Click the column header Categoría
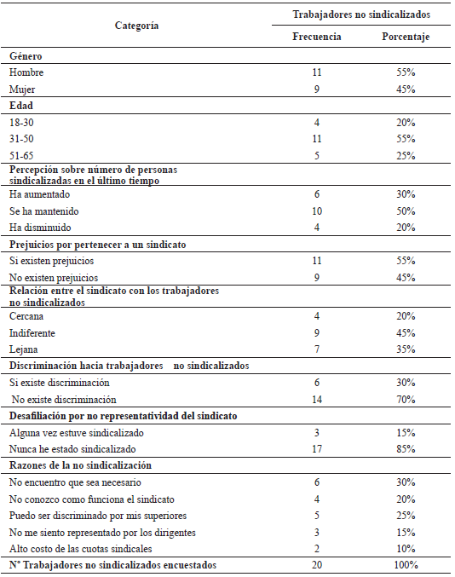pyautogui.click(x=136, y=26)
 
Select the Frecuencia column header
pyautogui.click(x=317, y=38)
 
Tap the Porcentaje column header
pyautogui.click(x=405, y=38)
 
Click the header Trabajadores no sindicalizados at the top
pyautogui.click(x=361, y=14)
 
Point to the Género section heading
pyautogui.click(x=26, y=56)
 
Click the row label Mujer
pyautogui.click(x=22, y=88)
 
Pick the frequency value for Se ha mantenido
pyautogui.click(x=317, y=210)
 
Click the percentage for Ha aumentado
pyautogui.click(x=405, y=193)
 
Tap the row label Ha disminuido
pyautogui.click(x=39, y=226)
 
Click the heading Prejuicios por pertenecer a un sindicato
pyautogui.click(x=98, y=245)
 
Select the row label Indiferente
pyautogui.click(x=33, y=332)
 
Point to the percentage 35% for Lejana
pyautogui.click(x=405, y=348)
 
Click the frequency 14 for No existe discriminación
pyautogui.click(x=317, y=399)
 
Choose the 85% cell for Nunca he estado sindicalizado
pyautogui.click(x=405, y=449)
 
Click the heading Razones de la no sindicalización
pyautogui.click(x=80, y=466)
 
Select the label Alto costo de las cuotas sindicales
pyautogui.click(x=81, y=549)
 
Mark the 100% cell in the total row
pyautogui.click(x=405, y=565)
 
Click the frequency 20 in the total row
pyautogui.click(x=317, y=565)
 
